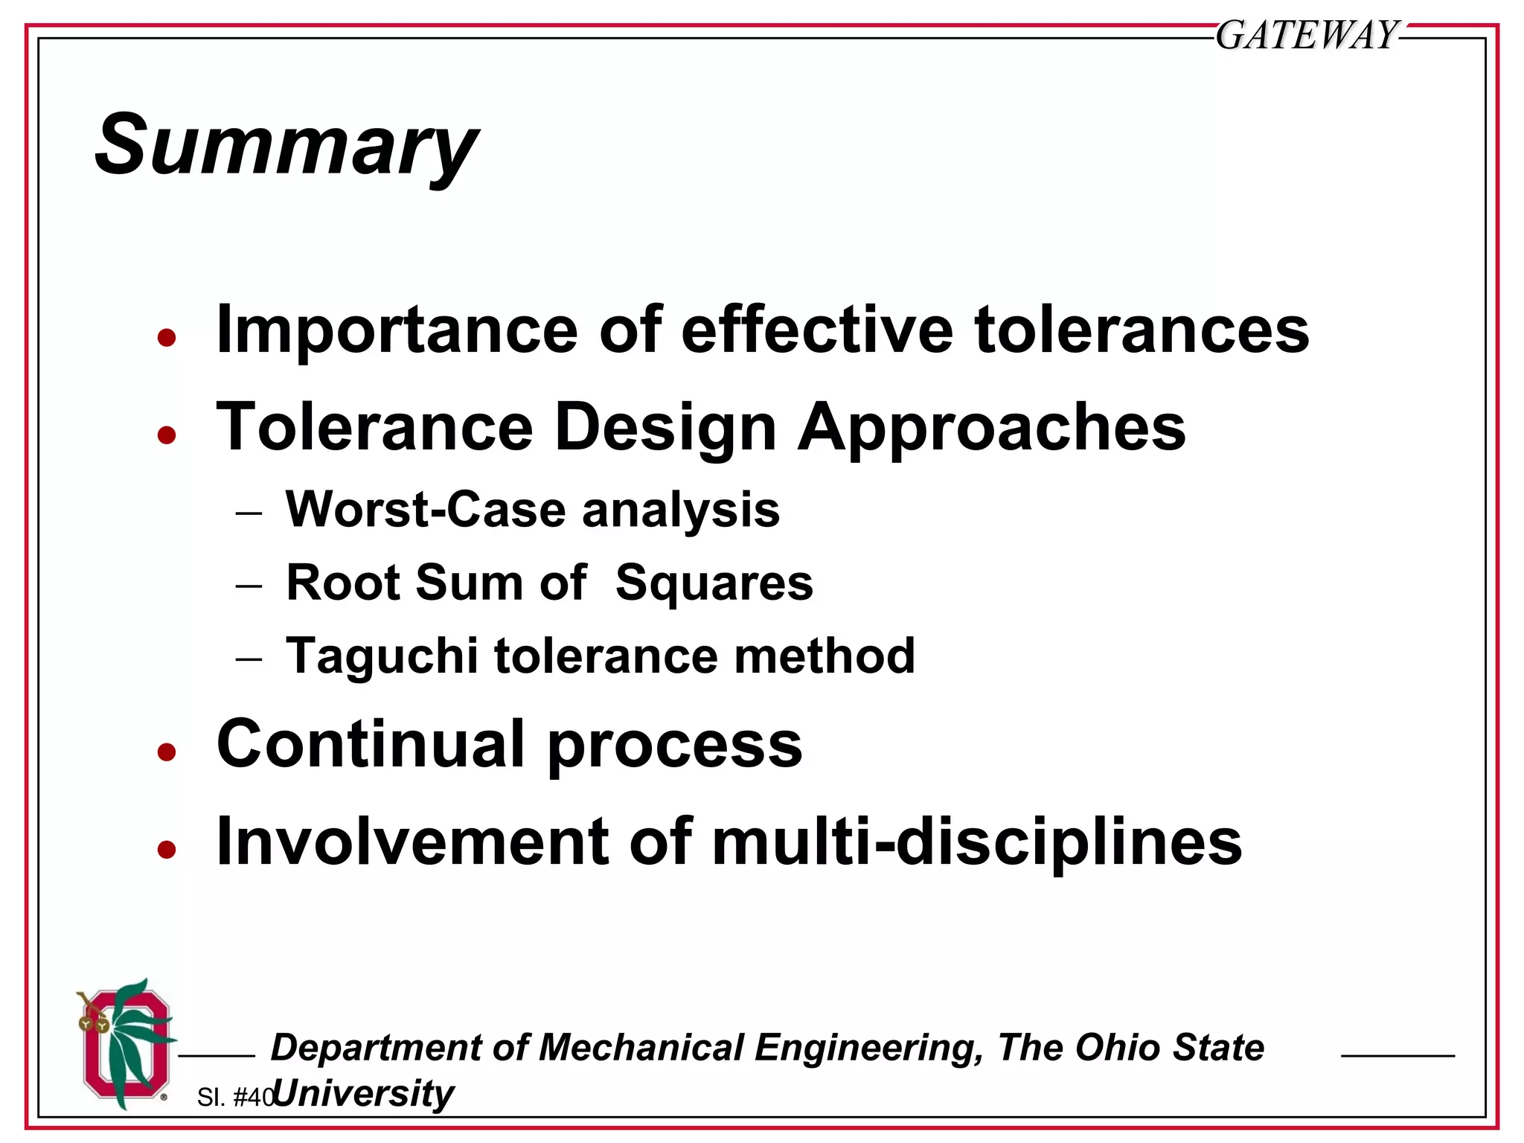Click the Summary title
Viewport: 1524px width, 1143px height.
(x=286, y=145)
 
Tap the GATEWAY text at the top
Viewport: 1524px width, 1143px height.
(x=1307, y=35)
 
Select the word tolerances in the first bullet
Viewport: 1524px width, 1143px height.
(x=1142, y=330)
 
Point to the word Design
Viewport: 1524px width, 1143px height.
(x=665, y=428)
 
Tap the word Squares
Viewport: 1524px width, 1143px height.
(x=714, y=583)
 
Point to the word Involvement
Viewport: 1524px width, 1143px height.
(x=412, y=842)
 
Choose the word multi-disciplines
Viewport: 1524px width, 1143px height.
(x=976, y=843)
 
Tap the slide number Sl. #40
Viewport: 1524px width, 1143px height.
(x=235, y=1097)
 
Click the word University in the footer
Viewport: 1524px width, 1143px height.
(x=364, y=1094)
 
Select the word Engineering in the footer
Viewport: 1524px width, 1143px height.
(x=868, y=1048)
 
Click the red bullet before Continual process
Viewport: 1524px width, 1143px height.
(x=167, y=752)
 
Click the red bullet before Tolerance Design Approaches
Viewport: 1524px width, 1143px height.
(x=167, y=435)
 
